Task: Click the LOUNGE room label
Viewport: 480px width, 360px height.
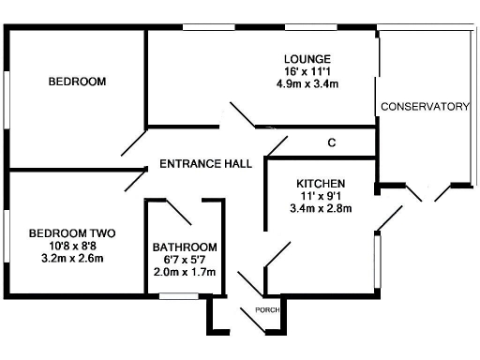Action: [307, 57]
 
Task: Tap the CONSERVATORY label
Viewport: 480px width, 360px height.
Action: [425, 107]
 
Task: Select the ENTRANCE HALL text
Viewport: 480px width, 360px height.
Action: [205, 163]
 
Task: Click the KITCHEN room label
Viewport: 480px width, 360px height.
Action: [322, 183]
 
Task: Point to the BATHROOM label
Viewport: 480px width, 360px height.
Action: [184, 247]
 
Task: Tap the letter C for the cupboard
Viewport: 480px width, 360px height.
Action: [331, 143]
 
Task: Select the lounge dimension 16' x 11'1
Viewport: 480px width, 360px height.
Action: [307, 71]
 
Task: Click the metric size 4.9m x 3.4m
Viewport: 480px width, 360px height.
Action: [307, 84]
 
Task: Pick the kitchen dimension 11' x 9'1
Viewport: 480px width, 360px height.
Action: [322, 196]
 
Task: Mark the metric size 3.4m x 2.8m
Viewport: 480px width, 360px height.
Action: [322, 209]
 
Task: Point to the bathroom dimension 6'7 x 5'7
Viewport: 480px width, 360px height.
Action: [184, 261]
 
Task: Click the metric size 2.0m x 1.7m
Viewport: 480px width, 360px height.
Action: [184, 273]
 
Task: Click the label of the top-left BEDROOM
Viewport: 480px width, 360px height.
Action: [77, 82]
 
